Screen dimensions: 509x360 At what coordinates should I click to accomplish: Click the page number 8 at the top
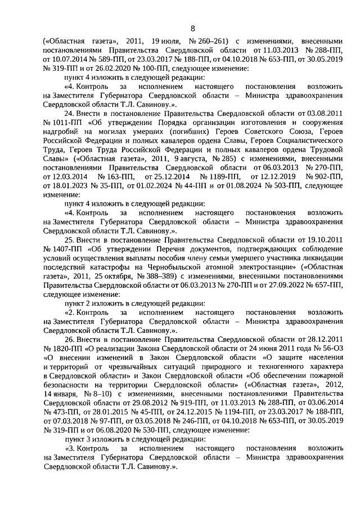[x=192, y=29]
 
